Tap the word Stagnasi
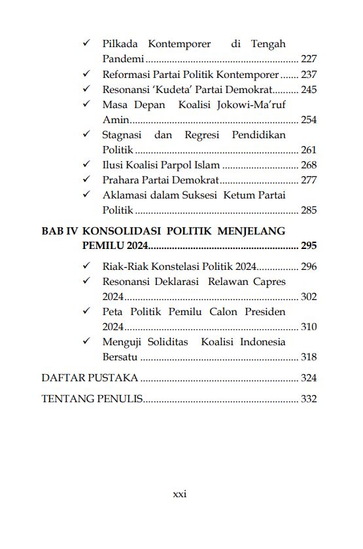pos(124,135)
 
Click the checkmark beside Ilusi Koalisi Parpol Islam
pos(86,165)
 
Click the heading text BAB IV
pos(60,231)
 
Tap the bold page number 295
pos(309,246)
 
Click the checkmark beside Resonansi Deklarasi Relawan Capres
pos(86,282)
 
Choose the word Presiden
pos(264,312)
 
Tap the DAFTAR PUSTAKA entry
pos(90,378)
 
